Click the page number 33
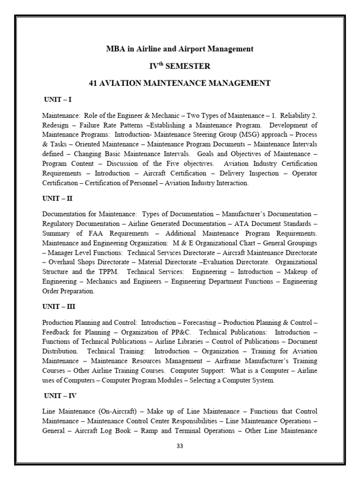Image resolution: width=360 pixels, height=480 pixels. (180, 446)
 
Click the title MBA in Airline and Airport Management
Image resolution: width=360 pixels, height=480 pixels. (180, 49)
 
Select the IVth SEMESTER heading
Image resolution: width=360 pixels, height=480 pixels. (180, 66)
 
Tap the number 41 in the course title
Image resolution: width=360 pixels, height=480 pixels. (93, 83)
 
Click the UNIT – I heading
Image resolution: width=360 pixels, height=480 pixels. (57, 100)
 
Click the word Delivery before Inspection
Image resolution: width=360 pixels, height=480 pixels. (232, 173)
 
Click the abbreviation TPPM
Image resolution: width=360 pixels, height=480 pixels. (109, 272)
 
